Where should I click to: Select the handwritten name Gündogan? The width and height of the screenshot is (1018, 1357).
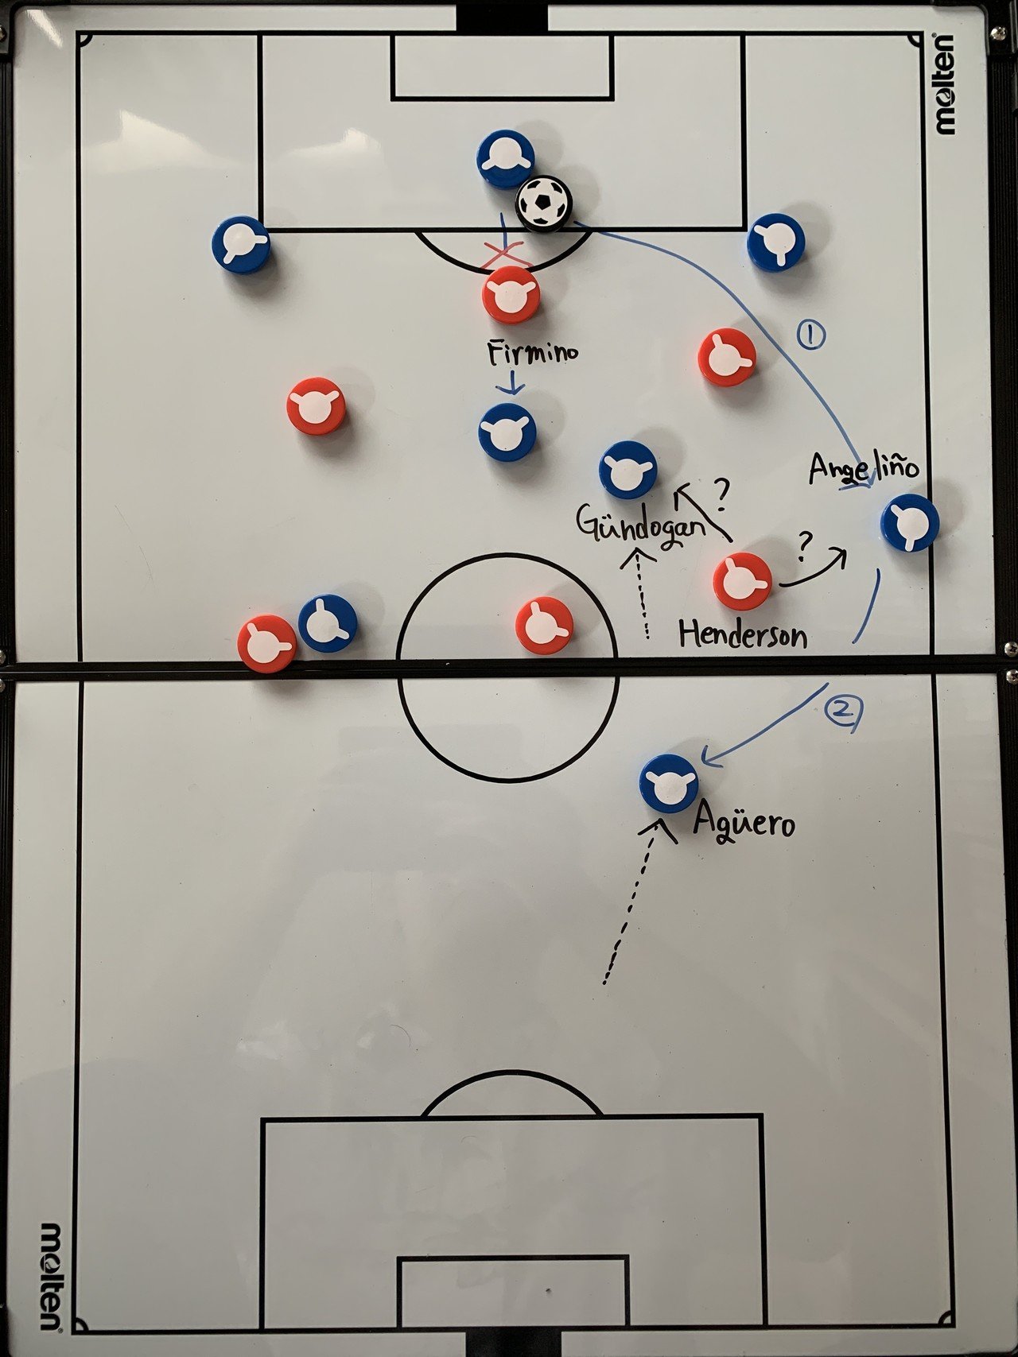[641, 525]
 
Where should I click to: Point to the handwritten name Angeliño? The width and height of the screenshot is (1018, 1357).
[863, 467]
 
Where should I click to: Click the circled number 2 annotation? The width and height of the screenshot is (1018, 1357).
[842, 710]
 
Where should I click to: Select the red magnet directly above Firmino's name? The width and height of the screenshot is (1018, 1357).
[511, 295]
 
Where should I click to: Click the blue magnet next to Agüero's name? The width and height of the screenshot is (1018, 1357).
[669, 783]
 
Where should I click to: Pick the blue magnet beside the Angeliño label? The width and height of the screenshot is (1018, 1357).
[910, 522]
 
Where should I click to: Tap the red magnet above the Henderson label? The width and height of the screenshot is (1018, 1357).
[742, 582]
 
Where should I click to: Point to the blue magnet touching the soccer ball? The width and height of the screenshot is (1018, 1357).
[505, 159]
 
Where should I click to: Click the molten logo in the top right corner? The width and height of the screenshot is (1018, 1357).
[946, 83]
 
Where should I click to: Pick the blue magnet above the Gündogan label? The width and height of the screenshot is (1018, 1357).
[628, 470]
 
